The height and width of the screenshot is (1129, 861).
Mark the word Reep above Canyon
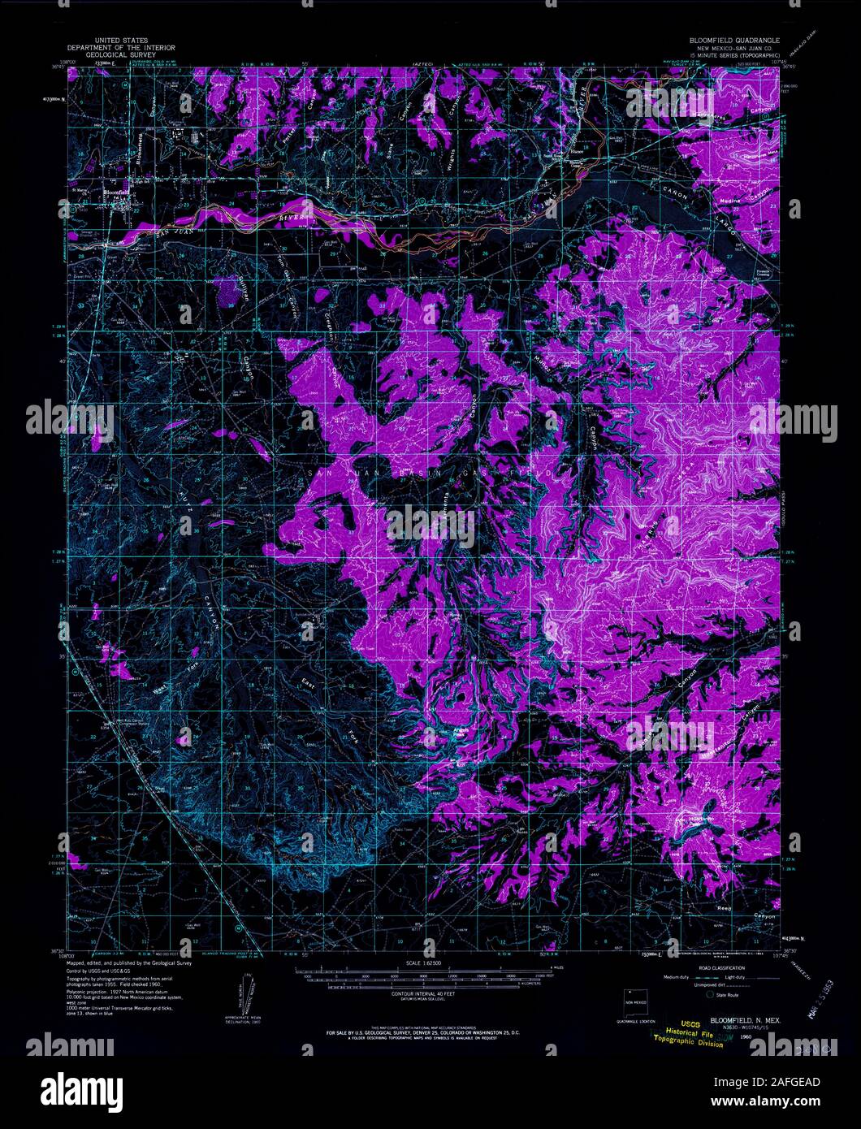[x=724, y=906]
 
